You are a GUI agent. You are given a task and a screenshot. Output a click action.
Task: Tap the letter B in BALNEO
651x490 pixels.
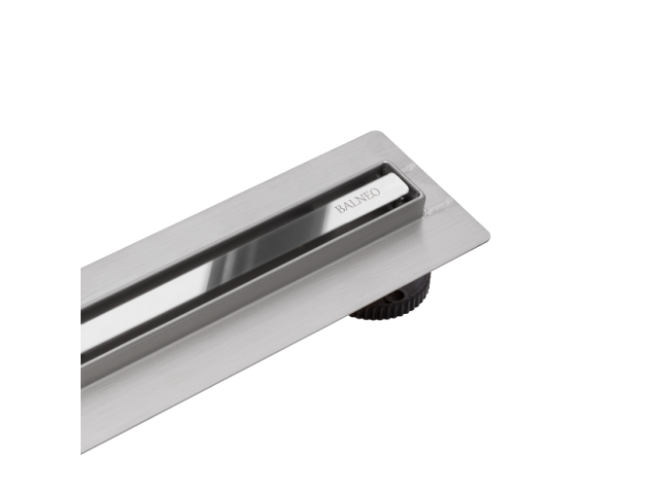tap(339, 208)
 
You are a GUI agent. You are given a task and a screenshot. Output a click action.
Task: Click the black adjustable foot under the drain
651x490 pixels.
tap(394, 297)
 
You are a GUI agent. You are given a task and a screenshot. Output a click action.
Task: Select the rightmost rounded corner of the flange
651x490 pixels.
tap(485, 235)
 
